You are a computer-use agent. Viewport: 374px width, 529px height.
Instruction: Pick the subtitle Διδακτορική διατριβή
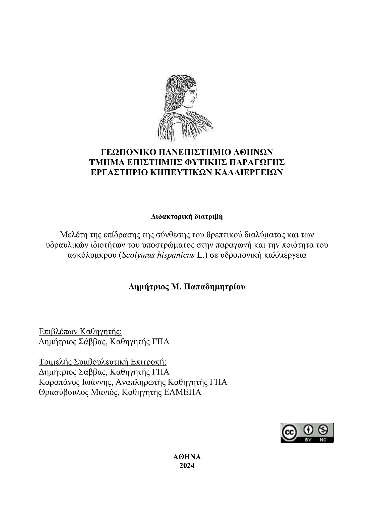[187, 217]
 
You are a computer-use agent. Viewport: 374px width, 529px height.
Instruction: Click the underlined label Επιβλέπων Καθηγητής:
[80, 332]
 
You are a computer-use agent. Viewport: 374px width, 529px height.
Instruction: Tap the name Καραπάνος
[57, 382]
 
